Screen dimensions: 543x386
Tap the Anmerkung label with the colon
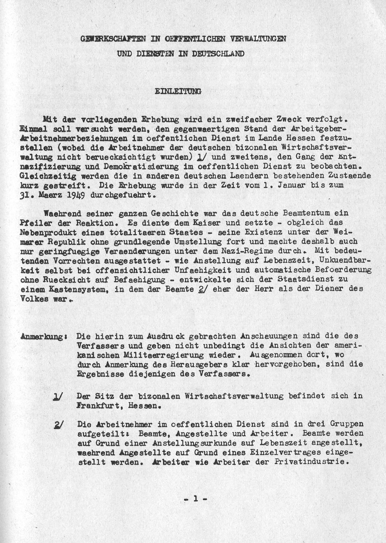tap(42, 336)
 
